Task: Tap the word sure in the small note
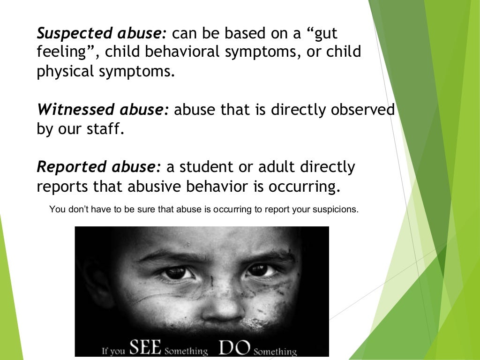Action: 147,210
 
